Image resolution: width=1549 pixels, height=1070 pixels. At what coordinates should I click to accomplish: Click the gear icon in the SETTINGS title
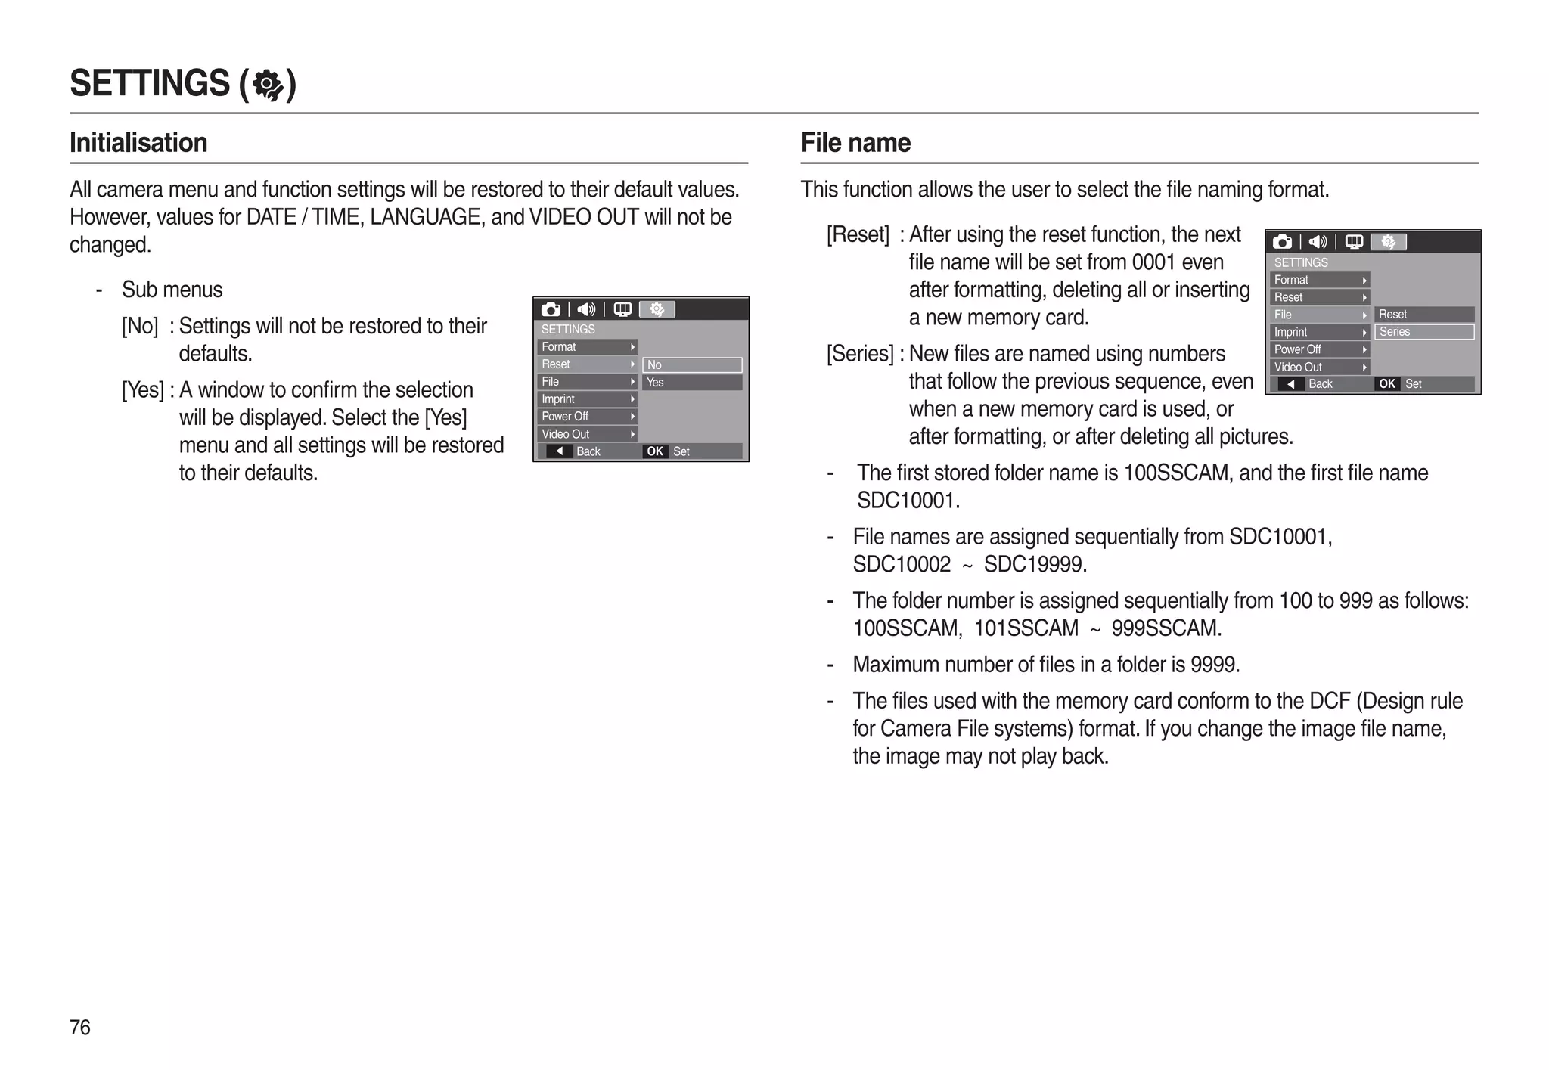point(268,84)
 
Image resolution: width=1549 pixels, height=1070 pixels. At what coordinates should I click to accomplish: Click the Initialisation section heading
point(138,142)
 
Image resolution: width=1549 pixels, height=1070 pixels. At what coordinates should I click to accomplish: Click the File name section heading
point(855,142)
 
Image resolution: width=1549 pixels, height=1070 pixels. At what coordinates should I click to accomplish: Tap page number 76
point(79,1027)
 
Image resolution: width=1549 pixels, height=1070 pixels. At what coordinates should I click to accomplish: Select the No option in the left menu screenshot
point(692,365)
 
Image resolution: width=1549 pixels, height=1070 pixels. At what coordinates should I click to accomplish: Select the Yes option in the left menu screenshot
point(692,383)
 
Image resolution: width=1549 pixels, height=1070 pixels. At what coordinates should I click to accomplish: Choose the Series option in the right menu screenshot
point(1424,332)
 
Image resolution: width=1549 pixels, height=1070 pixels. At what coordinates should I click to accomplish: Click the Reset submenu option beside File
point(1424,315)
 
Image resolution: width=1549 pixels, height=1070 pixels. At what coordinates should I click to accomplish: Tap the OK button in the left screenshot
point(655,451)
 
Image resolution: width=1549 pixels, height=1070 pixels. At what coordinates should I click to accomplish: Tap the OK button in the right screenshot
point(1387,384)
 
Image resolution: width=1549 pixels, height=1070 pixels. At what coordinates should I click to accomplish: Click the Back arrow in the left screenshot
point(560,451)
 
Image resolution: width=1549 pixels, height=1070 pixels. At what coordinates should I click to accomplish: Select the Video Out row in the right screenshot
point(1320,368)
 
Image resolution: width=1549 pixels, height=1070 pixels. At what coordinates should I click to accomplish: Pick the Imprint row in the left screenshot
point(587,399)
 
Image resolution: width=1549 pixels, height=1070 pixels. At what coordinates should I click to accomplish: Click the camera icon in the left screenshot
point(551,309)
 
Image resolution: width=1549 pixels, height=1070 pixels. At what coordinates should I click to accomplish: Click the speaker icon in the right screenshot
point(1318,242)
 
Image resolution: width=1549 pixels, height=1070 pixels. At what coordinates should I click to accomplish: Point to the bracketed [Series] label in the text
point(860,354)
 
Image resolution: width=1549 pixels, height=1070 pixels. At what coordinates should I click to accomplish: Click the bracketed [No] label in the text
point(140,327)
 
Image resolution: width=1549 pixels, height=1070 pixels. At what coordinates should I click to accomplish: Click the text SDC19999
point(1035,565)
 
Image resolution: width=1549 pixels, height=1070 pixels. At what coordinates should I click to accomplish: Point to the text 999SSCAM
point(1166,628)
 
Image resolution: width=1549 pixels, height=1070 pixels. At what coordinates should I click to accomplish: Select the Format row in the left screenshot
point(587,347)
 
